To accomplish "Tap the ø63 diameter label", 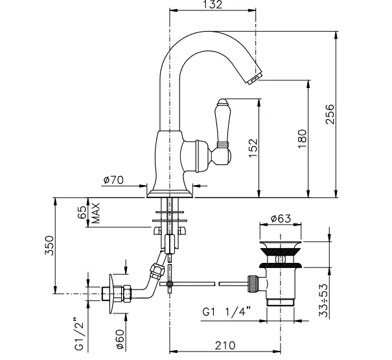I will (281, 218).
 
